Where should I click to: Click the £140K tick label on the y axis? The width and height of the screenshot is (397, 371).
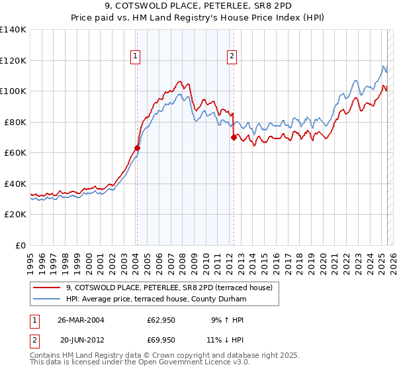(x=13, y=30)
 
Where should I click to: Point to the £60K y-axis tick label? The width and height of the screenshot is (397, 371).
(x=15, y=152)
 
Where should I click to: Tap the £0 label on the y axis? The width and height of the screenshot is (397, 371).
(x=21, y=245)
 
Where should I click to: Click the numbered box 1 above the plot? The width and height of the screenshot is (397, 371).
(x=135, y=57)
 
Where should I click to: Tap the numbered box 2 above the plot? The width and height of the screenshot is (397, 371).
(x=232, y=57)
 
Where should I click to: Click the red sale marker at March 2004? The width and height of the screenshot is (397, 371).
(x=137, y=148)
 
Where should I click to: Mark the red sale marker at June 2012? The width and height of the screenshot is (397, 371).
(x=234, y=137)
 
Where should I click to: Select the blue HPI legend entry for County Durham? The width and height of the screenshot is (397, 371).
(x=155, y=299)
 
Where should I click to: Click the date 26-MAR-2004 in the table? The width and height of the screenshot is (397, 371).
(x=81, y=319)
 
